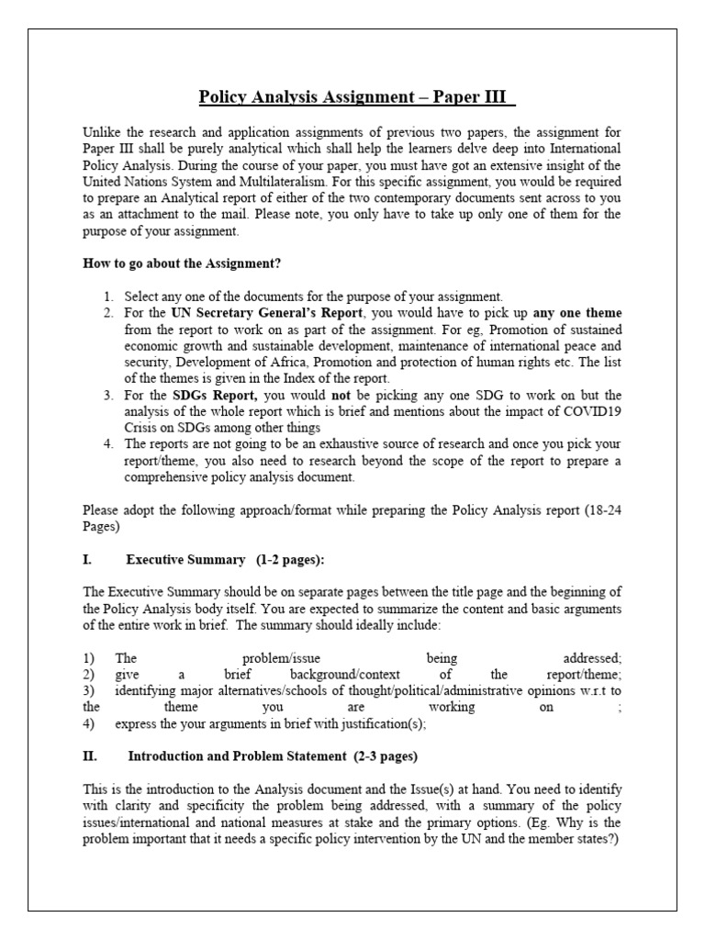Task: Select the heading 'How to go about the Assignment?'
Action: (182, 263)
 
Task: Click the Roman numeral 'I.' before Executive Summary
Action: (88, 560)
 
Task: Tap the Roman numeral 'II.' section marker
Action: (91, 757)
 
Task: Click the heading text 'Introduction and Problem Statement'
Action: (238, 757)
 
